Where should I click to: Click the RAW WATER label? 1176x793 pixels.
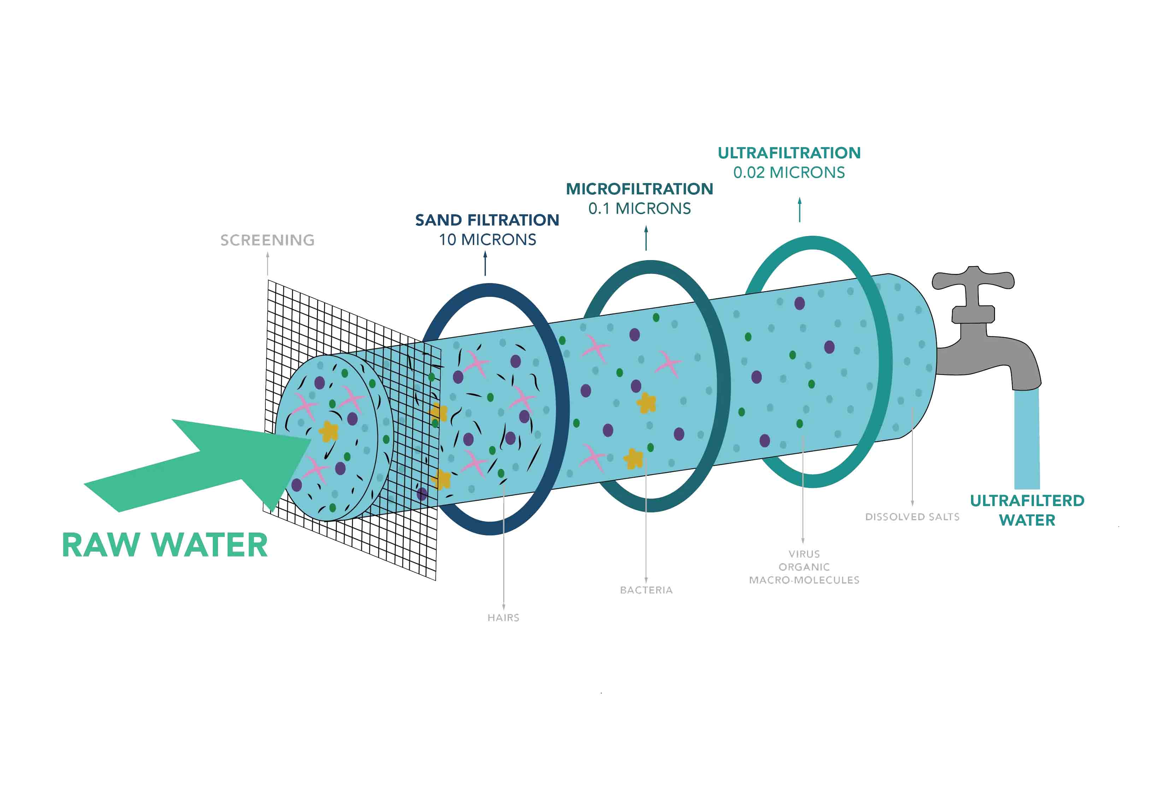(x=164, y=545)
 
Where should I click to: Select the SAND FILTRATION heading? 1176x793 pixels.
(x=487, y=220)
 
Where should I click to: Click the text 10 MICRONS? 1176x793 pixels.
(x=487, y=240)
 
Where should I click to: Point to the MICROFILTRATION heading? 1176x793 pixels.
(x=639, y=189)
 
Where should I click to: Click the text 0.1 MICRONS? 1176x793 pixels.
(x=639, y=208)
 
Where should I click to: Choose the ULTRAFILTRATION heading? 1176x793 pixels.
(x=789, y=153)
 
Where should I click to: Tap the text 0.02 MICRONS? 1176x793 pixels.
(x=789, y=172)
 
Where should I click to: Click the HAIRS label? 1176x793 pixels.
(x=503, y=617)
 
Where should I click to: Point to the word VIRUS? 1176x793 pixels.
(x=804, y=554)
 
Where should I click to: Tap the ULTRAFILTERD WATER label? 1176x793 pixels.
(x=1027, y=510)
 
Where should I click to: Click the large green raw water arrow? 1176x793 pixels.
(x=202, y=465)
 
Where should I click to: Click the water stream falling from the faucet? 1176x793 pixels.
(x=1027, y=440)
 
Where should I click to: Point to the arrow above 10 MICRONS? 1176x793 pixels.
(x=486, y=263)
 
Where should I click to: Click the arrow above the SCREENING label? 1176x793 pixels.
(x=267, y=263)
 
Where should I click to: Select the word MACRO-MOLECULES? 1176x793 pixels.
(x=804, y=580)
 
